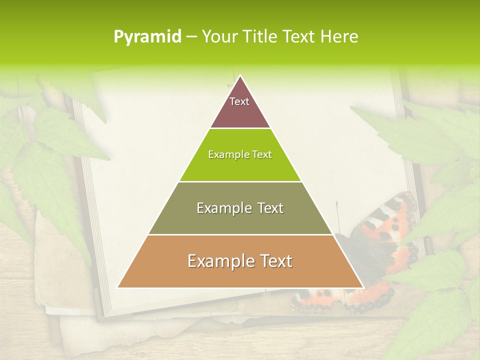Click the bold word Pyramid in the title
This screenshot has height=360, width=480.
point(147,36)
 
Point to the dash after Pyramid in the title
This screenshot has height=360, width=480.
point(191,36)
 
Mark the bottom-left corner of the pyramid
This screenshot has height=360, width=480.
point(118,287)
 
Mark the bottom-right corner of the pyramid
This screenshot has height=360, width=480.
point(363,287)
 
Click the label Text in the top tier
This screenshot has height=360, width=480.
point(239,101)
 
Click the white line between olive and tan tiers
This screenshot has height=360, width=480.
point(240,234)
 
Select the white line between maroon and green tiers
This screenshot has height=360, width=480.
point(240,128)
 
